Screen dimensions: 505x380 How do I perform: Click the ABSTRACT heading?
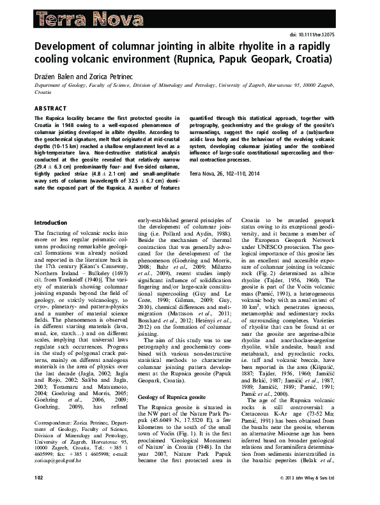coord(51,109)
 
